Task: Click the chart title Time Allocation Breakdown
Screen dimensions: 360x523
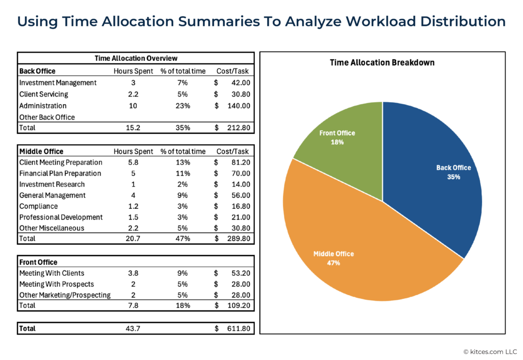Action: (382, 63)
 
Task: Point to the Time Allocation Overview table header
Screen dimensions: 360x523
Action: (136, 58)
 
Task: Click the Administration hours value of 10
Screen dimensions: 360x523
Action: (133, 106)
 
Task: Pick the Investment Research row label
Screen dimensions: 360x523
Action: (52, 184)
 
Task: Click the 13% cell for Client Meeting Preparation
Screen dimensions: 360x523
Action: (183, 162)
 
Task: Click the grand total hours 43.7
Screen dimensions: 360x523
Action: (133, 329)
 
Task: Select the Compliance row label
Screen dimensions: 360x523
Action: (38, 206)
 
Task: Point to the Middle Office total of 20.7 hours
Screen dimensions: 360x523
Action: (133, 238)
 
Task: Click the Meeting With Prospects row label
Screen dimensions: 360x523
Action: (56, 284)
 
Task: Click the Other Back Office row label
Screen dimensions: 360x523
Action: (46, 117)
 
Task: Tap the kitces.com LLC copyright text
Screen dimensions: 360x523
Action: (490, 352)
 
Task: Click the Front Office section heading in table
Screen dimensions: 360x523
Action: (38, 262)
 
